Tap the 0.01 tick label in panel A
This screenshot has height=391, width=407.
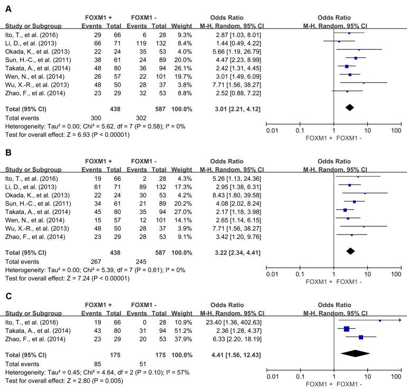272,129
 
